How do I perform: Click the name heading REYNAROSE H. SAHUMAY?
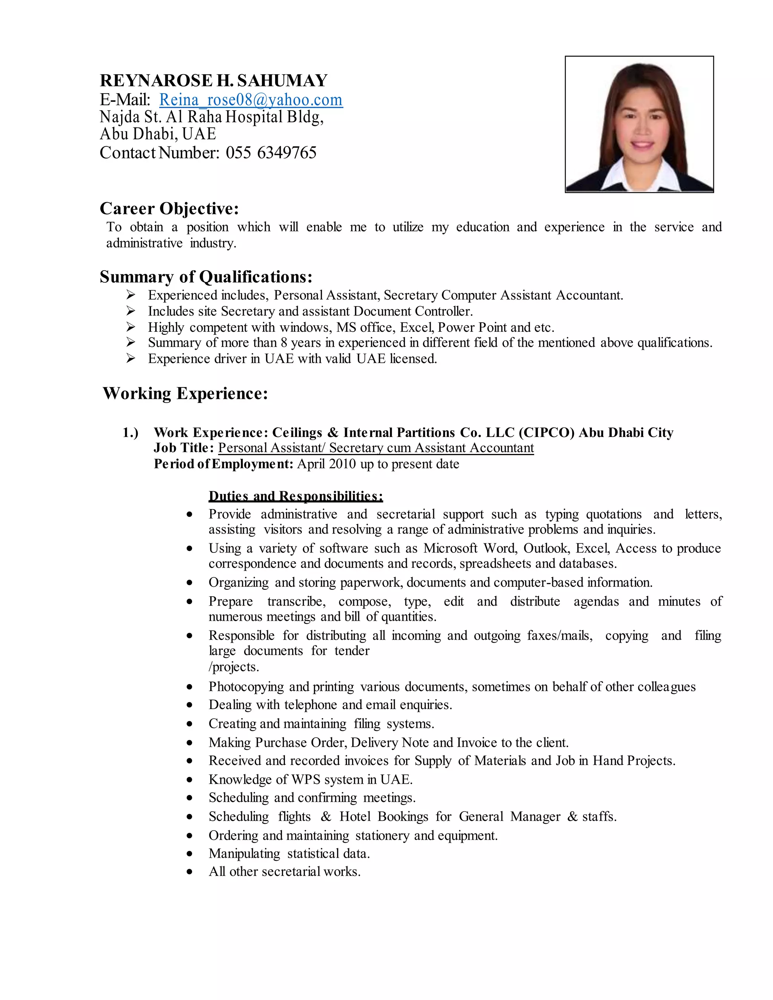point(213,81)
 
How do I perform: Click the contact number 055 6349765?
point(271,152)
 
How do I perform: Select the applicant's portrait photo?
point(639,124)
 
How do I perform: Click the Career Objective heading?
point(169,208)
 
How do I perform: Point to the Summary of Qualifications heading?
point(206,277)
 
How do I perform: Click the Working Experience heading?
point(185,393)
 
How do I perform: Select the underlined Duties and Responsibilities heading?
point(296,496)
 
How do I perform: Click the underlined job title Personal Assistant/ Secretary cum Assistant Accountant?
point(376,448)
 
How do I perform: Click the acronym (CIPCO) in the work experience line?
point(547,433)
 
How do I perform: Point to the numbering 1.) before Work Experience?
point(131,433)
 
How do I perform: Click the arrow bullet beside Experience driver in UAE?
point(131,358)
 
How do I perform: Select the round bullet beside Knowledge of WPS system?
point(189,780)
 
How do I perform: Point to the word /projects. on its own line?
point(234,667)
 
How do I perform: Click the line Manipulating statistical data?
point(289,854)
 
